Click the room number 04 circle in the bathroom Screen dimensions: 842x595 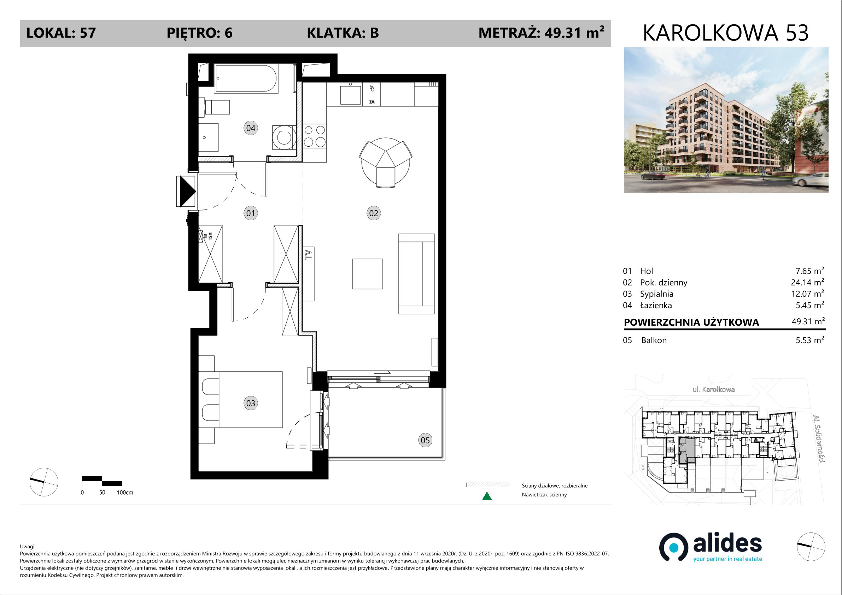[x=251, y=128]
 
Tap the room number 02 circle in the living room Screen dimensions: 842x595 [x=373, y=213]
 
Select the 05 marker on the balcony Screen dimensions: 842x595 [x=425, y=440]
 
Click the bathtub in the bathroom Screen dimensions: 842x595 [x=246, y=78]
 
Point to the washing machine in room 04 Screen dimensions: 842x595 [x=284, y=137]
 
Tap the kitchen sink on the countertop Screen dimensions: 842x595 [x=351, y=95]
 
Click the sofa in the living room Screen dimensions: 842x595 [x=416, y=274]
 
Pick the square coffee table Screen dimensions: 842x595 [x=368, y=274]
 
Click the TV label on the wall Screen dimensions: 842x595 [x=309, y=254]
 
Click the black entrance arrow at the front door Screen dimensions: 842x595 [x=187, y=192]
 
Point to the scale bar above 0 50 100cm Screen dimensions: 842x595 [x=102, y=481]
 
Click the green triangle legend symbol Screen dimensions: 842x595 [x=487, y=496]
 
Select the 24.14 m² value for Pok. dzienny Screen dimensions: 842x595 [x=807, y=282]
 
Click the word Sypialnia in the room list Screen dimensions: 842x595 [x=656, y=294]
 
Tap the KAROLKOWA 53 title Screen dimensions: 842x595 [x=725, y=33]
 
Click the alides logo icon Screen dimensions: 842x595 [x=674, y=547]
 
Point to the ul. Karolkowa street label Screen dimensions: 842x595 [x=713, y=389]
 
